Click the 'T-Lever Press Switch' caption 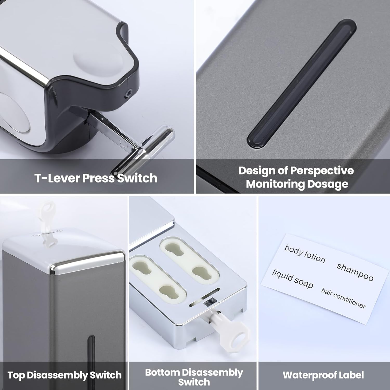pyautogui.click(x=96, y=178)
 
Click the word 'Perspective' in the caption pyautogui.click(x=322, y=171)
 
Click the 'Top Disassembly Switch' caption pyautogui.click(x=64, y=375)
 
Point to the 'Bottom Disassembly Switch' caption pyautogui.click(x=194, y=377)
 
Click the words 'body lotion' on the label pyautogui.click(x=305, y=254)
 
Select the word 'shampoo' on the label pyautogui.click(x=355, y=272)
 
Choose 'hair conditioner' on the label pyautogui.click(x=343, y=298)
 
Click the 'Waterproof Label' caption pyautogui.click(x=323, y=375)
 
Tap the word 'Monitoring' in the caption pyautogui.click(x=275, y=184)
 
